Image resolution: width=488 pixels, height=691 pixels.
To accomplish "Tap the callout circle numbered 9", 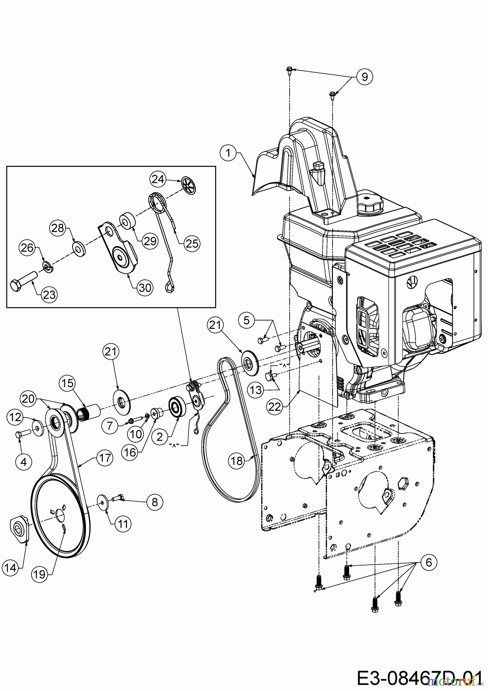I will [364, 76].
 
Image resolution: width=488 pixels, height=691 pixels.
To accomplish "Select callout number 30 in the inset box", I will [145, 287].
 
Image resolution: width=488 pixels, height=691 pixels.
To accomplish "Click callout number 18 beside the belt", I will [237, 460].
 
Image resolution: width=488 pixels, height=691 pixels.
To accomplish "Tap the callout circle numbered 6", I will [429, 562].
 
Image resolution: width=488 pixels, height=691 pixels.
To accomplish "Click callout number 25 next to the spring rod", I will [192, 243].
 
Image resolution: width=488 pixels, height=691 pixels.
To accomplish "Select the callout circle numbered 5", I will [246, 320].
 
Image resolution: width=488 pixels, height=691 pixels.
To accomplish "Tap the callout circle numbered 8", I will [155, 502].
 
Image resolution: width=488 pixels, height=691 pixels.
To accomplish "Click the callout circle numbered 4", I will [24, 462].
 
